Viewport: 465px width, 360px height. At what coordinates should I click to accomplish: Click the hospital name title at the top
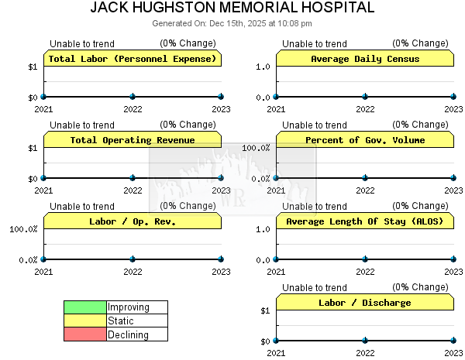coord(232,8)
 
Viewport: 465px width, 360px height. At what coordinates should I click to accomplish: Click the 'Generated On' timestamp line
coord(232,23)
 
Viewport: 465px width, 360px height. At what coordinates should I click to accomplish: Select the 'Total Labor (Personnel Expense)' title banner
coord(133,59)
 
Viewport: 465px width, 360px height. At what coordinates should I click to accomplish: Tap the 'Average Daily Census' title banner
coord(365,59)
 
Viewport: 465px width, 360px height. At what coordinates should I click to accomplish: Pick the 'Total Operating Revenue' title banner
coord(133,140)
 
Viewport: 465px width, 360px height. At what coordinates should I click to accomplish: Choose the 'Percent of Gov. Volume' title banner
coord(365,140)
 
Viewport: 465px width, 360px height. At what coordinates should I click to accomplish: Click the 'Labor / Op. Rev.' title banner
coord(133,221)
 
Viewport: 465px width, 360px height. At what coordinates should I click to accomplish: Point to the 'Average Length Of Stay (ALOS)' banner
coord(365,221)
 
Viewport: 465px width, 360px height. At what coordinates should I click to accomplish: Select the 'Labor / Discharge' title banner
coord(365,303)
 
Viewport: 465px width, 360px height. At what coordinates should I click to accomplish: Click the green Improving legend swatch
coord(85,307)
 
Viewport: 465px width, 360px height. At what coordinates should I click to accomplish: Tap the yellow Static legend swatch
coord(85,321)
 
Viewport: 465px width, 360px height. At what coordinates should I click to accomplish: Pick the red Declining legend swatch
coord(85,335)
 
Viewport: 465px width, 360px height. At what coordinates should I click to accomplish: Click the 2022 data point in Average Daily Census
coord(365,97)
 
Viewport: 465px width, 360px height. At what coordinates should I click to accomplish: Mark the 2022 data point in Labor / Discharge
coord(365,341)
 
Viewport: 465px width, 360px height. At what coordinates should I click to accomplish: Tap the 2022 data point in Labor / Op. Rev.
coord(133,259)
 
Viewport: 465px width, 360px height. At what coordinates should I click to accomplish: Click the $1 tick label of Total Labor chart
coord(33,67)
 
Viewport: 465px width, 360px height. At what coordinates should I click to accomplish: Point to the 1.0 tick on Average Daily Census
coord(263,67)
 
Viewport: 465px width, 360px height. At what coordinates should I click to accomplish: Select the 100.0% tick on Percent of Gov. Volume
coord(257,148)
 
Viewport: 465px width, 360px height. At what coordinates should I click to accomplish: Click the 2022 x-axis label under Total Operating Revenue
coord(133,190)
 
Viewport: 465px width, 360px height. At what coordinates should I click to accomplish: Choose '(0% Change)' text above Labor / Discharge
coord(420,287)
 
